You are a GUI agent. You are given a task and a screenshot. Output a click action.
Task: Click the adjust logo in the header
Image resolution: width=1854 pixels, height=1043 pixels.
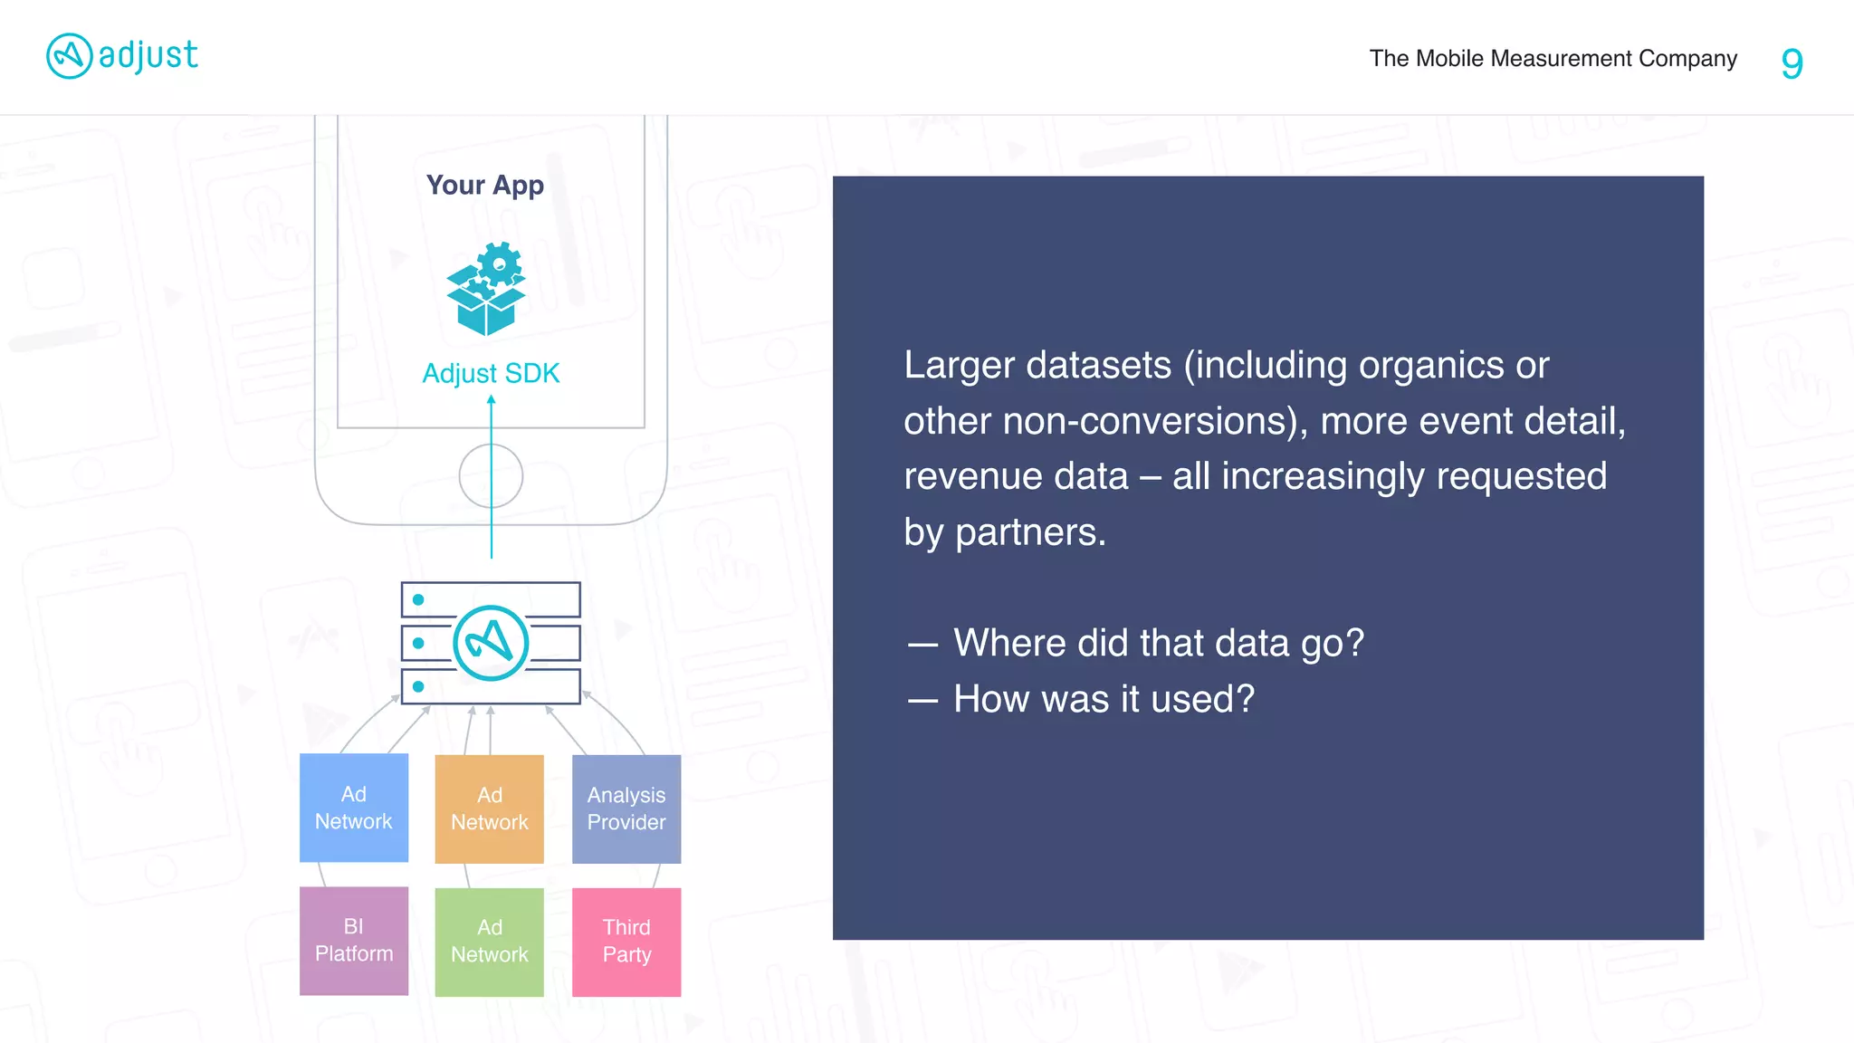tap(121, 56)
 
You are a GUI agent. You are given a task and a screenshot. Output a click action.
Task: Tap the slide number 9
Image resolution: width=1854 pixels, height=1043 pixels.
tap(1792, 62)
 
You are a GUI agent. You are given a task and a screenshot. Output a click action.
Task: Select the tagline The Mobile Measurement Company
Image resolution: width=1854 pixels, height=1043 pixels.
tap(1553, 59)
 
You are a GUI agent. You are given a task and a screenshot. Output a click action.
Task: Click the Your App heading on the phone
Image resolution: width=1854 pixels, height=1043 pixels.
tap(485, 185)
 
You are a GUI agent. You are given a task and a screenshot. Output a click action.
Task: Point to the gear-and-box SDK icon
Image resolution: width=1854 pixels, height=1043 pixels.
tap(486, 289)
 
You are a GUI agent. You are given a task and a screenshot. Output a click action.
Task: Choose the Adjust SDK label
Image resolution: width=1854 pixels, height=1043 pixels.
tap(491, 373)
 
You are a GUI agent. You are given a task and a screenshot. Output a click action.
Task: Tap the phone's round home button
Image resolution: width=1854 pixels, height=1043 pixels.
tap(491, 476)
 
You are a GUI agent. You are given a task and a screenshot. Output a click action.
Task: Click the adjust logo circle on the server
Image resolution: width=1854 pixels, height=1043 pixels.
tap(491, 643)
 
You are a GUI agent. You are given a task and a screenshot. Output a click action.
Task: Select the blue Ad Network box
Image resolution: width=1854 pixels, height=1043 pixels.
tap(354, 808)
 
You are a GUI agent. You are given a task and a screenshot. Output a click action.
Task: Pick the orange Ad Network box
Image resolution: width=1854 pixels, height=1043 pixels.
tap(490, 809)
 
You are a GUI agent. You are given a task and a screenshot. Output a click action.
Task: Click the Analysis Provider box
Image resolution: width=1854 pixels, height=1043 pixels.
tap(626, 809)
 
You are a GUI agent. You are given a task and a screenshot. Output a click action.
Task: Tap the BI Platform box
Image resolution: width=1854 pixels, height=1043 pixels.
tap(354, 941)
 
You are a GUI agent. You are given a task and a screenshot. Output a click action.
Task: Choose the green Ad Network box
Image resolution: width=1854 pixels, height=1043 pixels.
tap(490, 942)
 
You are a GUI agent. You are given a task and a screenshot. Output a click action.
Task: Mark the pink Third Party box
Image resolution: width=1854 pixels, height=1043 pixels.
tap(626, 942)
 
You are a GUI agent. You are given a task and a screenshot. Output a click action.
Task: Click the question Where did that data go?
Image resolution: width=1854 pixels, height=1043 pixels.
tap(1158, 643)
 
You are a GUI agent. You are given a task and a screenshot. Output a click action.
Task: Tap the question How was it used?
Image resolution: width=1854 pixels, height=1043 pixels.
tap(1104, 699)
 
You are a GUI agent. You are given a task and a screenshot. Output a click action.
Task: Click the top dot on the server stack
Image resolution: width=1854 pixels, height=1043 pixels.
tap(418, 599)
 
